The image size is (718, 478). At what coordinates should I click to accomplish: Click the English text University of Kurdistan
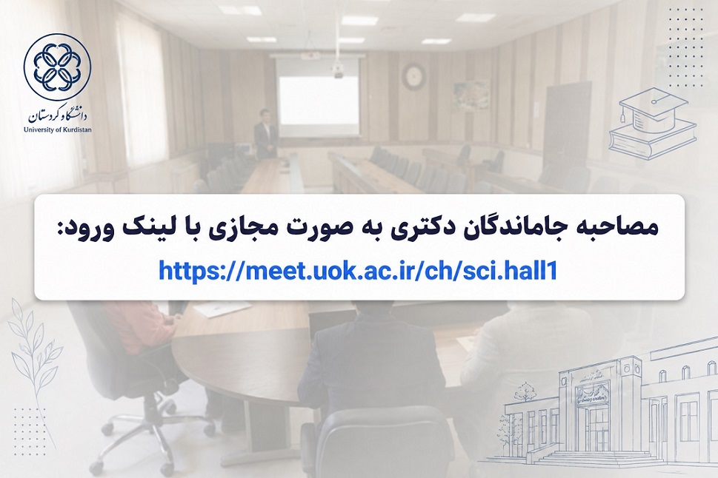click(57, 129)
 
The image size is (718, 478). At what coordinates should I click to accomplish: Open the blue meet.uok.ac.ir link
click(358, 270)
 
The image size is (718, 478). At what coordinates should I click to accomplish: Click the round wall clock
click(414, 75)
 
